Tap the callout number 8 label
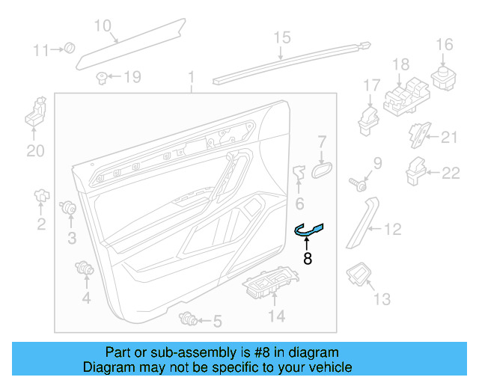tap(307, 260)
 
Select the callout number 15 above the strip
tap(281, 37)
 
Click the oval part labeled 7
tap(320, 170)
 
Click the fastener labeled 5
tap(189, 321)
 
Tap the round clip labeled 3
tap(70, 207)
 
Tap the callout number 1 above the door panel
tap(191, 77)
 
